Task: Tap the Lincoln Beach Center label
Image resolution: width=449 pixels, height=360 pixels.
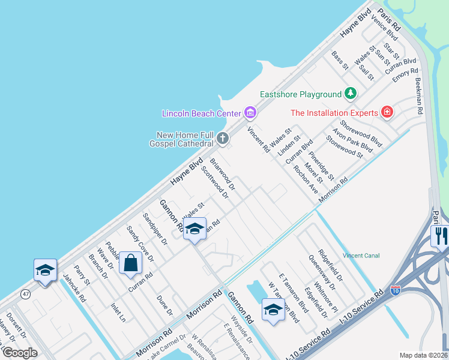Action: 201,113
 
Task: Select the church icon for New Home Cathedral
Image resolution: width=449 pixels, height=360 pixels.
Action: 223,139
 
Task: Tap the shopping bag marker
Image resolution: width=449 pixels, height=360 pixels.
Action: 130,263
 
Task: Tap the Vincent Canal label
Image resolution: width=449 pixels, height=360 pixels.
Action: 361,256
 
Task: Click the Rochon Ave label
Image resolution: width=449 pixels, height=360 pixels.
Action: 306,179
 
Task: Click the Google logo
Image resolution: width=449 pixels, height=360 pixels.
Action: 20,353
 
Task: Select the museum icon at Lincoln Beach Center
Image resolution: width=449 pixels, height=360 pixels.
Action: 250,113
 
